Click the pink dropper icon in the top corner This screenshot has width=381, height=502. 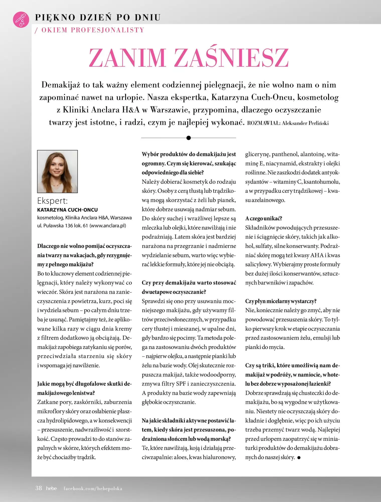pyautogui.click(x=21, y=19)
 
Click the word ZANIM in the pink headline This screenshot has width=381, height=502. pyautogui.click(x=127, y=57)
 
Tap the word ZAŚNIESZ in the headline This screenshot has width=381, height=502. pyautogui.click(x=231, y=57)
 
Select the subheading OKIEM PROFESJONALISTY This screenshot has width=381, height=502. pyautogui.click(x=93, y=30)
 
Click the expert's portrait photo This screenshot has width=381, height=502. pyautogui.click(x=57, y=171)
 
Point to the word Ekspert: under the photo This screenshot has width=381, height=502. pyautogui.click(x=52, y=201)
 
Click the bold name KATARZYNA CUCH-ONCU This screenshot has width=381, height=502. pyautogui.click(x=67, y=210)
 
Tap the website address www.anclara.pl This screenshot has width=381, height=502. pyautogui.click(x=108, y=226)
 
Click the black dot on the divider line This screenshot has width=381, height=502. pyautogui.click(x=189, y=138)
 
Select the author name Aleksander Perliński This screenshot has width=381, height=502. pyautogui.click(x=305, y=123)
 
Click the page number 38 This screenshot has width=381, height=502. pyautogui.click(x=39, y=488)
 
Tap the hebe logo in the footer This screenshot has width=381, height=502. pyautogui.click(x=51, y=488)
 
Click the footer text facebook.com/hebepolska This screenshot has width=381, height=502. pyautogui.click(x=93, y=488)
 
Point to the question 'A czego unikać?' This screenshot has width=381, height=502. pyautogui.click(x=264, y=219)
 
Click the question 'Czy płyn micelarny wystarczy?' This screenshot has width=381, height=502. pyautogui.click(x=281, y=301)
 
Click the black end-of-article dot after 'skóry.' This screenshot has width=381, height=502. pyautogui.click(x=299, y=458)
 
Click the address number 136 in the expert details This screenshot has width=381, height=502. pyautogui.click(x=69, y=226)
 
